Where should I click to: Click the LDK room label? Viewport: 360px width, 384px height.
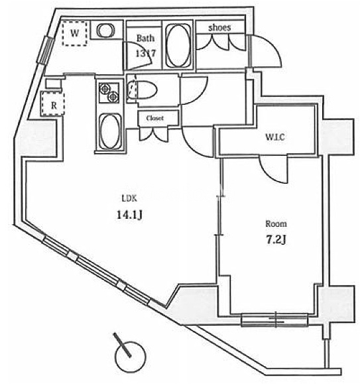tap(129, 198)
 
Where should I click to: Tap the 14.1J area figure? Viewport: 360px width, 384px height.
tap(129, 215)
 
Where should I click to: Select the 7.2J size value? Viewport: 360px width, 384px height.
tap(276, 240)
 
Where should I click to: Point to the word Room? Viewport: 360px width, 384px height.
tap(276, 224)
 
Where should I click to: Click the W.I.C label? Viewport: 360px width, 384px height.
tap(275, 137)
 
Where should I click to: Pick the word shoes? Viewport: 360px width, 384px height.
tap(219, 28)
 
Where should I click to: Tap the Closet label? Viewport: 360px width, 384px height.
tap(155, 118)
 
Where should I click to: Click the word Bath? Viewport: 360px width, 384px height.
tap(145, 38)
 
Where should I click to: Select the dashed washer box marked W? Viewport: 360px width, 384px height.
tap(74, 33)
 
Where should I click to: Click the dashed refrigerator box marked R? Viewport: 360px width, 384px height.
tap(52, 103)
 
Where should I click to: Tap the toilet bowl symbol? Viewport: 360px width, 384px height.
tap(142, 90)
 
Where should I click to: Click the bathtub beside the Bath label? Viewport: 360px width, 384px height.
tap(178, 45)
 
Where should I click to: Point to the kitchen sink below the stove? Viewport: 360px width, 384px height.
tap(109, 131)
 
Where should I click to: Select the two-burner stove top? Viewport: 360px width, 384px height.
tap(109, 93)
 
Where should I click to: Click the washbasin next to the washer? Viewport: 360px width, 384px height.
tap(105, 30)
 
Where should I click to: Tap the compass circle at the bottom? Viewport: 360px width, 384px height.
tap(131, 356)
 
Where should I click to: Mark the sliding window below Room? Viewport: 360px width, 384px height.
tap(274, 320)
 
